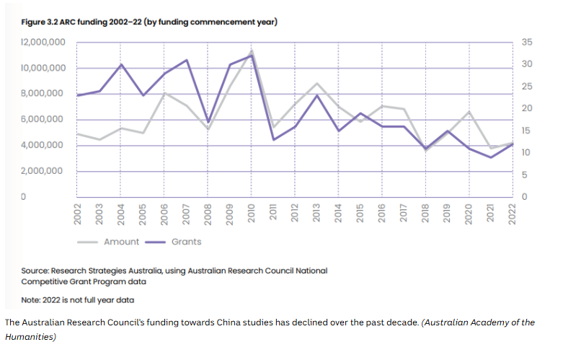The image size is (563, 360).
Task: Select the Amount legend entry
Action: (x=112, y=242)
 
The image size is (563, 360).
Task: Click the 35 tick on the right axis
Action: (x=526, y=43)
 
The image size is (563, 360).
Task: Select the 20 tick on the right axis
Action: (x=526, y=108)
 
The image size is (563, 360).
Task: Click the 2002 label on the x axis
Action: (x=78, y=214)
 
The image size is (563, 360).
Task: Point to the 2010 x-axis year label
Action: (x=252, y=214)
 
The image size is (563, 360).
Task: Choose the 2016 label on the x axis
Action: (x=382, y=214)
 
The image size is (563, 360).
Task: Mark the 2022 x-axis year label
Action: (x=513, y=214)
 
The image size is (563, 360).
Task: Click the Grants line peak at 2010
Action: (x=252, y=56)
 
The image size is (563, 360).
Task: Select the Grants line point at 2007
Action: (x=187, y=60)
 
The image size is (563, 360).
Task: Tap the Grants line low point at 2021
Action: (x=491, y=157)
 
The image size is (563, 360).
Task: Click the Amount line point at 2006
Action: (x=165, y=92)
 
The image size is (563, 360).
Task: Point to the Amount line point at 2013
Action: (x=317, y=84)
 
